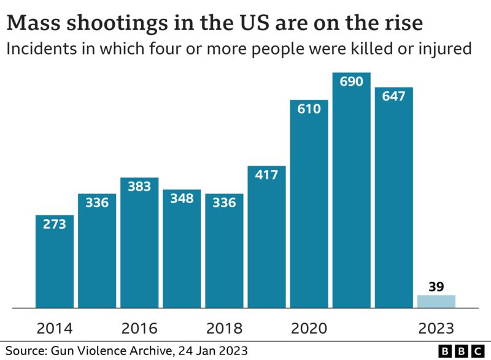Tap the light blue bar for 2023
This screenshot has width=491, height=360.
436,301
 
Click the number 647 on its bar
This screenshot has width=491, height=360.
394,96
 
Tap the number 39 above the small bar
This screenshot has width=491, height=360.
436,285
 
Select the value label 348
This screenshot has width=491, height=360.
182,199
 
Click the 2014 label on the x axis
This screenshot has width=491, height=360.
55,327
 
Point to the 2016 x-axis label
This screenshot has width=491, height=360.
139,327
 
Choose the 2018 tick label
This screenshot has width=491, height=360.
224,327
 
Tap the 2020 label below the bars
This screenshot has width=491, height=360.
309,327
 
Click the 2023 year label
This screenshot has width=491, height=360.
436,327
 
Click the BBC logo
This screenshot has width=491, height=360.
462,351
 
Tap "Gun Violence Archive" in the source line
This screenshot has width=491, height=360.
114,351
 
